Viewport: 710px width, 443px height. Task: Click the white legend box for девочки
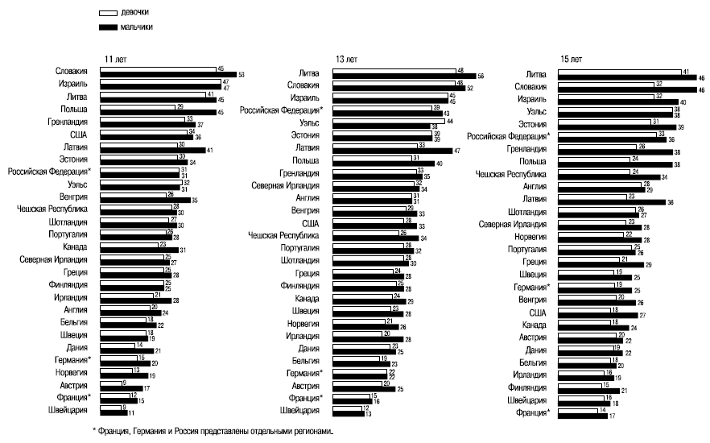point(109,14)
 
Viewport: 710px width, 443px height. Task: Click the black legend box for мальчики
point(109,27)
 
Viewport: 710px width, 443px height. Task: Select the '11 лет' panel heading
point(114,60)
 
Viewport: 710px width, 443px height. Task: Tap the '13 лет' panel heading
point(346,60)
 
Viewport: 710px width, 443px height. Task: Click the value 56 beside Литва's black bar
point(481,75)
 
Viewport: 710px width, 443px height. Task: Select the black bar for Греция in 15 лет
point(595,263)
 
